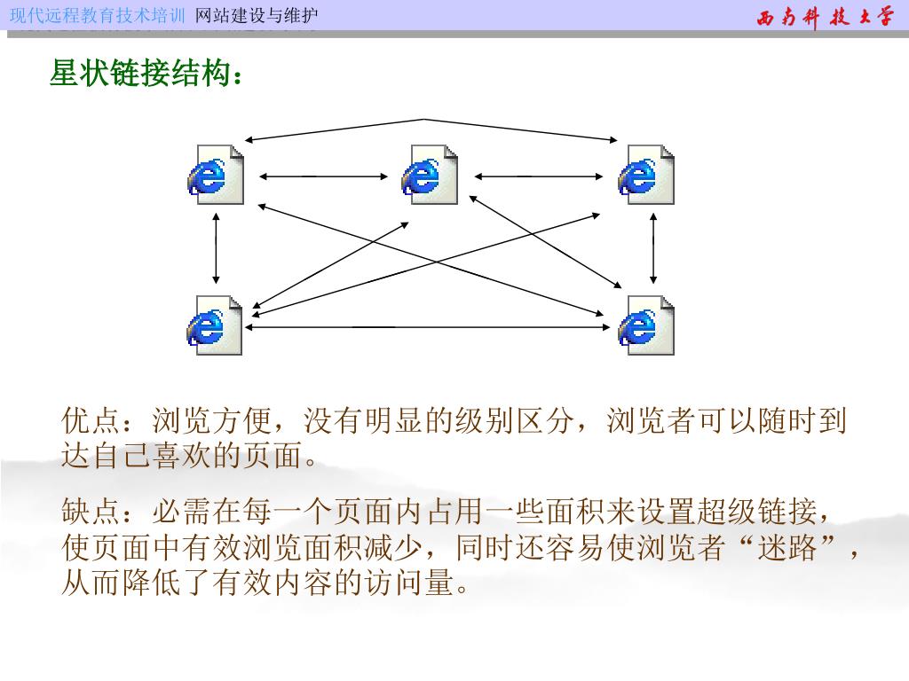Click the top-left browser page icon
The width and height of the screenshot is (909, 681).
[x=215, y=175]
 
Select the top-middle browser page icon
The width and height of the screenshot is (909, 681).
[x=430, y=175]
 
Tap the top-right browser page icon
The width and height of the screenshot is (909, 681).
[x=646, y=175]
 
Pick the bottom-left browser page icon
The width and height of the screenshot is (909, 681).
[x=215, y=325]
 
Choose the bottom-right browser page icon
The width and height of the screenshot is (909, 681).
[x=646, y=325]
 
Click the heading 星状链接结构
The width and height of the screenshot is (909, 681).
[x=145, y=74]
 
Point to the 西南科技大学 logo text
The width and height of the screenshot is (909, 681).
[x=825, y=17]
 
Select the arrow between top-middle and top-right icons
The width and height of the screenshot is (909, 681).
[x=539, y=176]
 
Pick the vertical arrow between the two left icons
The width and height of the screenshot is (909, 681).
[x=215, y=248]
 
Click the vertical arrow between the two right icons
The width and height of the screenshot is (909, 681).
[x=653, y=248]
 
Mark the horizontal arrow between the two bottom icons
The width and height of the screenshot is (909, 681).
[x=431, y=327]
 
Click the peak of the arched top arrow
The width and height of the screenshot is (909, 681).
[x=424, y=120]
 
